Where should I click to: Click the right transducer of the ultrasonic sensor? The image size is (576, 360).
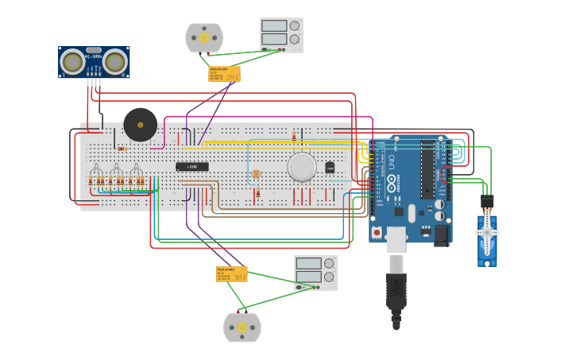114,61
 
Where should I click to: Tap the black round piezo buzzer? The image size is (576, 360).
141,125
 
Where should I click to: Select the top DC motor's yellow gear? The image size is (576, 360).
204,37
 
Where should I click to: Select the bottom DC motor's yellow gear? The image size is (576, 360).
242,327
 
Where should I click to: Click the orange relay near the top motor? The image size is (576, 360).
224,74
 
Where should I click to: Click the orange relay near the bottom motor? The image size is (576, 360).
232,274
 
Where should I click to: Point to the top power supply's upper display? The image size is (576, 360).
274,25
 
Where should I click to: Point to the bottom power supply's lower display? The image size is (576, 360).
307,277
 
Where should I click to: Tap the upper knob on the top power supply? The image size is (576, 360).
295,25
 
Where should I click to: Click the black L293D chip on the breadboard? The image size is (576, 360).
192,166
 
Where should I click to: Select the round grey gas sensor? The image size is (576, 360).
302,167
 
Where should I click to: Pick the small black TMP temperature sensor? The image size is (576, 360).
330,167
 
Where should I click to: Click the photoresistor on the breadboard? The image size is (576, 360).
255,173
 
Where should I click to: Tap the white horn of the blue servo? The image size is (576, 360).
487,232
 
